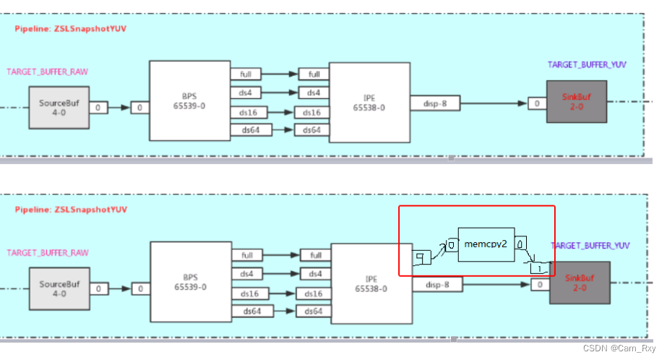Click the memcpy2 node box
(486, 245)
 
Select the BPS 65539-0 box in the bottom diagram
(190, 282)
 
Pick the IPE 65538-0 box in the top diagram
(369, 101)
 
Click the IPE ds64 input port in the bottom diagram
(312, 311)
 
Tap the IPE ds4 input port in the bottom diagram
(312, 274)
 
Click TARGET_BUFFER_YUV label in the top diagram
(587, 64)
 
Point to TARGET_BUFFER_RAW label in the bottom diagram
(47, 253)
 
